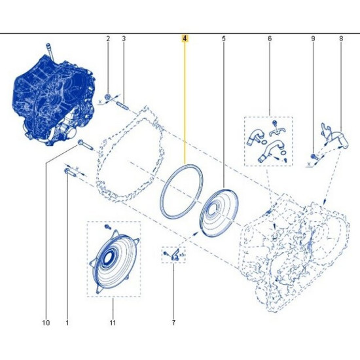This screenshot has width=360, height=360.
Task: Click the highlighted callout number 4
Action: coord(185,39)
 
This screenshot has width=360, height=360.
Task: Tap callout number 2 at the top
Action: coord(108,39)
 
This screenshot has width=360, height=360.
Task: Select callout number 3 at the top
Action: coord(124,39)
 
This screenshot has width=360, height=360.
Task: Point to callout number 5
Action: coord(224,39)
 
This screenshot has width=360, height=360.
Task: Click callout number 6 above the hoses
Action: coord(270,39)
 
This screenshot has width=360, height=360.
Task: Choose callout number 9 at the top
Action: coord(313,39)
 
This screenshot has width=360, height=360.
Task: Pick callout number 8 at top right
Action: coord(341,39)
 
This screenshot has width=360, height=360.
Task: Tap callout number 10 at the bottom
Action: coord(46,323)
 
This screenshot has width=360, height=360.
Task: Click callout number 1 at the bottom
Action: coord(67,323)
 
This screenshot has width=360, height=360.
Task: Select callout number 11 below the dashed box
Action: coord(113,323)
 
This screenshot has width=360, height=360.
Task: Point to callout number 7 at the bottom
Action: coord(173,323)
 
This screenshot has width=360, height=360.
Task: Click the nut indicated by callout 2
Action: coord(107,97)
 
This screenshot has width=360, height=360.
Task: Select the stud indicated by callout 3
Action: coord(123,107)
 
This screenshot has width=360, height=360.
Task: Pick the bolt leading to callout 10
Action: coord(85,145)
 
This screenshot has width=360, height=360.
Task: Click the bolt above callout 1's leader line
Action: coord(70,172)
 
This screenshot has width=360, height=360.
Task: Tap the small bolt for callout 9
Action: coord(314,156)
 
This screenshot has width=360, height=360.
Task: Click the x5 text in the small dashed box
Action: coord(182,255)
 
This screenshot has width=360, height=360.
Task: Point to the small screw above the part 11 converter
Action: coord(107,227)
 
